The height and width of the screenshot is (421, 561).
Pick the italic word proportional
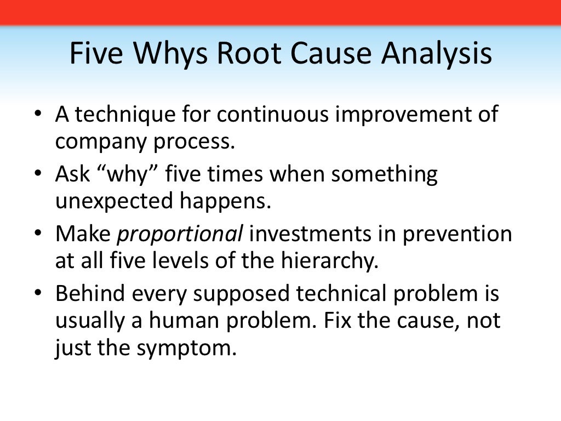180,235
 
